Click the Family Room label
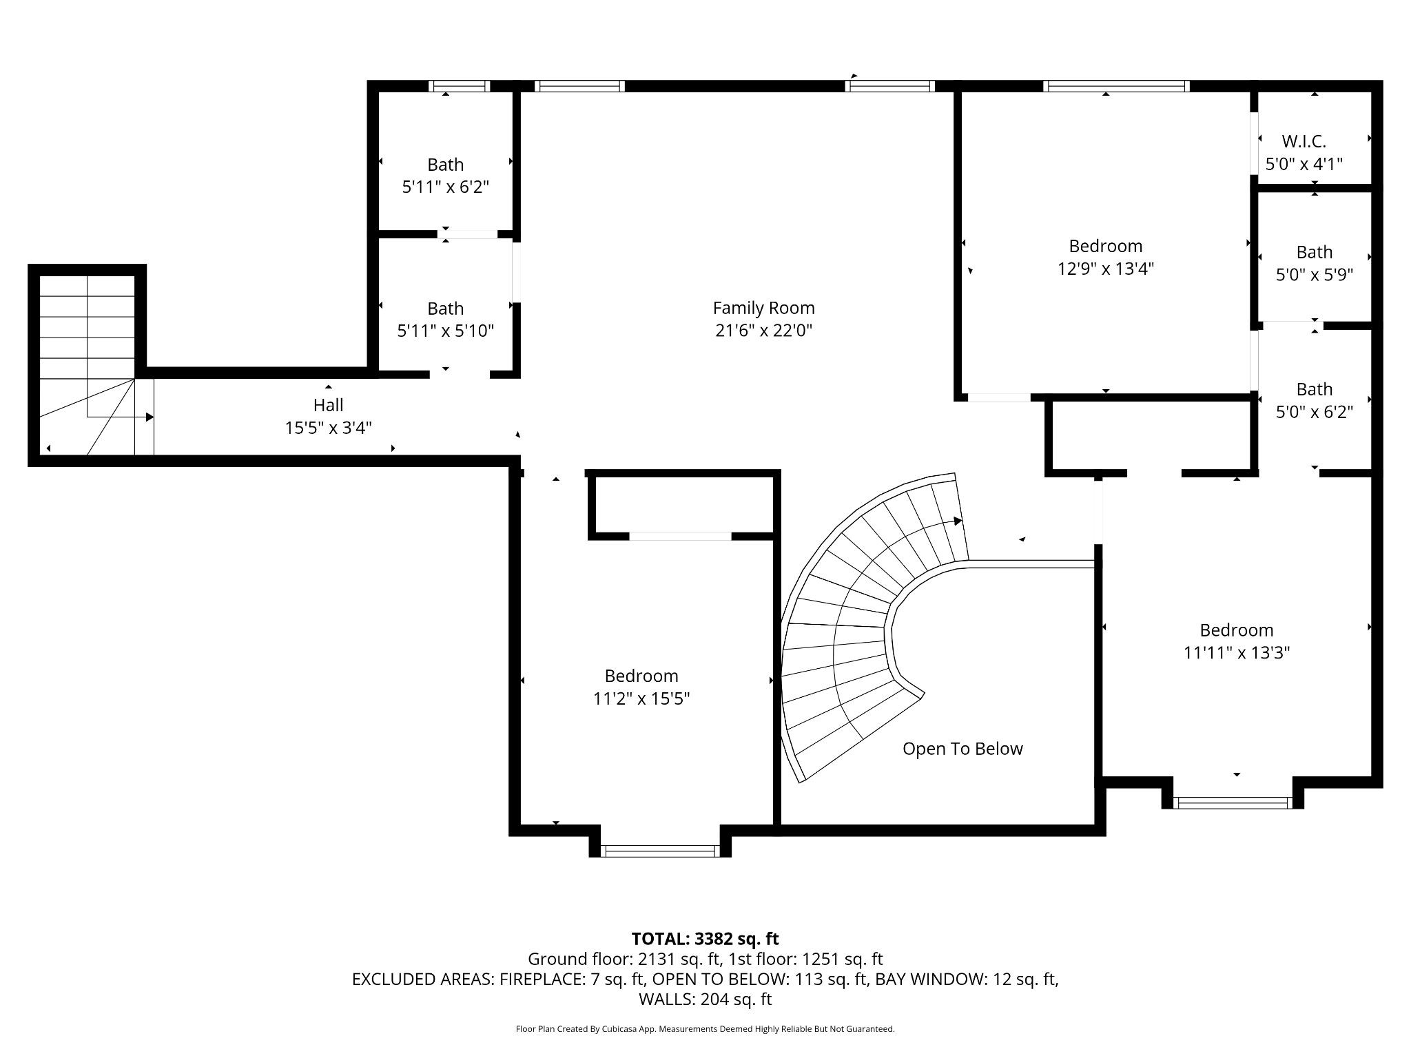point(763,308)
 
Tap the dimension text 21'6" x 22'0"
point(763,331)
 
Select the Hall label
point(328,405)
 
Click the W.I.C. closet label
point(1304,141)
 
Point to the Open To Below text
point(962,749)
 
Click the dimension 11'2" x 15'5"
point(641,698)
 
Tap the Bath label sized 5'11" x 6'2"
point(445,165)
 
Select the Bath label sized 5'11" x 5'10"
point(445,309)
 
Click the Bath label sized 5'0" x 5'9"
point(1314,252)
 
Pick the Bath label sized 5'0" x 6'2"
point(1314,389)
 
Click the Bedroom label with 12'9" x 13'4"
point(1105,246)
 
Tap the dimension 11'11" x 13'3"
point(1236,652)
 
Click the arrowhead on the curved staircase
point(958,521)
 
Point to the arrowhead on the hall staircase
point(150,417)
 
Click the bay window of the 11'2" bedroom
point(660,851)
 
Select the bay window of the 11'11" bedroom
point(1232,802)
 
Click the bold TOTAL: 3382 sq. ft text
point(705,939)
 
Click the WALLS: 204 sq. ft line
point(705,999)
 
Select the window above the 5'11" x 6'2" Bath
point(459,86)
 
